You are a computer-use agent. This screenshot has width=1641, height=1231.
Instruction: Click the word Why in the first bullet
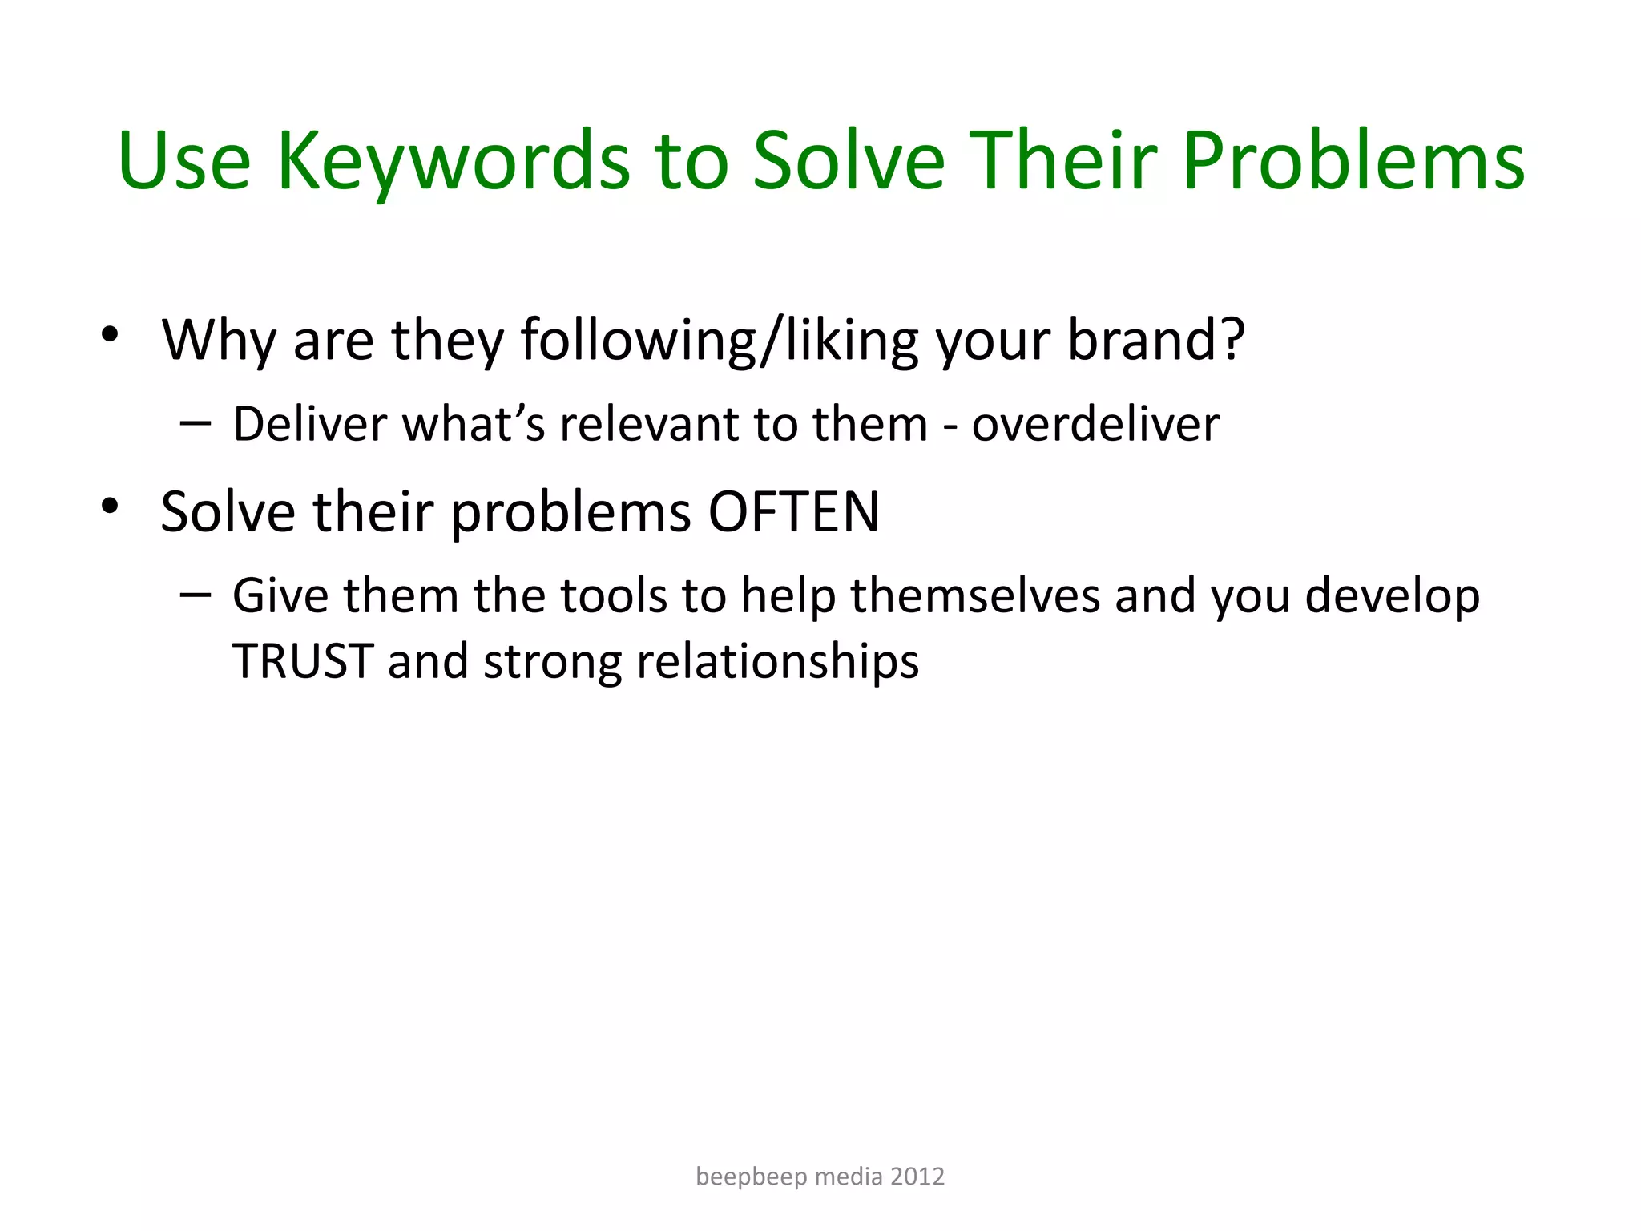coord(218,341)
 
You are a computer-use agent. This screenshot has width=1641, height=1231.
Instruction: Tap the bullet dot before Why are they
coord(110,334)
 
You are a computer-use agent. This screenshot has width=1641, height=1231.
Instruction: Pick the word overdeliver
coord(1095,424)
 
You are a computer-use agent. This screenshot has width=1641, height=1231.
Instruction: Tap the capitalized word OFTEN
coord(794,512)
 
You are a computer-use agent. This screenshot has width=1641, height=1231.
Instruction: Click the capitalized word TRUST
coord(302,662)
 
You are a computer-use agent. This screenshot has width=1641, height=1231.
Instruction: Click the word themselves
coord(975,596)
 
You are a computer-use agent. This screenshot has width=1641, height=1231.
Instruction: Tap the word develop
coord(1392,598)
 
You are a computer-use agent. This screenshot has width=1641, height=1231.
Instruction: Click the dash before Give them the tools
coord(196,593)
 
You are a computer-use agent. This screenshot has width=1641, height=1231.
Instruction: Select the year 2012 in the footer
coord(917,1177)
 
